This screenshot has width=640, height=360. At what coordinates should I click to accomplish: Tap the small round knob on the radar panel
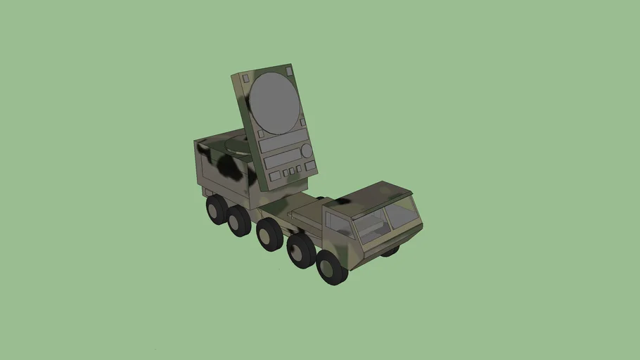pyautogui.click(x=307, y=150)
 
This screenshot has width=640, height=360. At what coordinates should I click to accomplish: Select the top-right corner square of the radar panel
pyautogui.click(x=288, y=70)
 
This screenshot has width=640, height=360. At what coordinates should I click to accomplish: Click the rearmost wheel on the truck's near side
pyautogui.click(x=217, y=209)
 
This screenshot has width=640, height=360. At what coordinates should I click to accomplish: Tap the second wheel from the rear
pyautogui.click(x=239, y=220)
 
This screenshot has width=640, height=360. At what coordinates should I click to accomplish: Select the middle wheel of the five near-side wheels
pyautogui.click(x=269, y=234)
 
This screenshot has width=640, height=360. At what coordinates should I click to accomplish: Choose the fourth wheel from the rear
pyautogui.click(x=300, y=250)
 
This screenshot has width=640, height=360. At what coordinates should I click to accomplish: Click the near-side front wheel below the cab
pyautogui.click(x=331, y=266)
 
